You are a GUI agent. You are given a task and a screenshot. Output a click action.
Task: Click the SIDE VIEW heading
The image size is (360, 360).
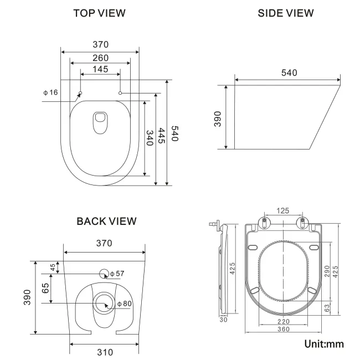(286, 13)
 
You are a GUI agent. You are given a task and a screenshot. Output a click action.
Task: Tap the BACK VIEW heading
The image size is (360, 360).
(106, 222)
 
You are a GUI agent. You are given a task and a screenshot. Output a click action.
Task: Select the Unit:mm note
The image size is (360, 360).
(324, 344)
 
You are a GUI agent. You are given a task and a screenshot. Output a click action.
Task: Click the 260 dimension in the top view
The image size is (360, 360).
(100, 58)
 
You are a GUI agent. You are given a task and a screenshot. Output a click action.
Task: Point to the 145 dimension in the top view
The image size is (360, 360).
(100, 70)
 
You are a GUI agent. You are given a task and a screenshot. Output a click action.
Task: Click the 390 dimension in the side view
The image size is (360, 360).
(218, 117)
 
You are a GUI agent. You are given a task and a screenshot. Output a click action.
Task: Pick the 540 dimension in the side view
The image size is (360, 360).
(289, 73)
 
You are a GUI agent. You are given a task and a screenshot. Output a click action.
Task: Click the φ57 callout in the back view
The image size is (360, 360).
(117, 274)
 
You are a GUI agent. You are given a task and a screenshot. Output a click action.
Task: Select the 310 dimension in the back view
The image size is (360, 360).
(105, 352)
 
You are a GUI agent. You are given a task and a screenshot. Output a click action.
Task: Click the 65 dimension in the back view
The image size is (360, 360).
(45, 288)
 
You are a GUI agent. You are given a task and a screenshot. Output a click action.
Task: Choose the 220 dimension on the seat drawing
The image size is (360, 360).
(284, 321)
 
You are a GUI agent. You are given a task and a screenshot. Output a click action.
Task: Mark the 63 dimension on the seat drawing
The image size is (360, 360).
(327, 307)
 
